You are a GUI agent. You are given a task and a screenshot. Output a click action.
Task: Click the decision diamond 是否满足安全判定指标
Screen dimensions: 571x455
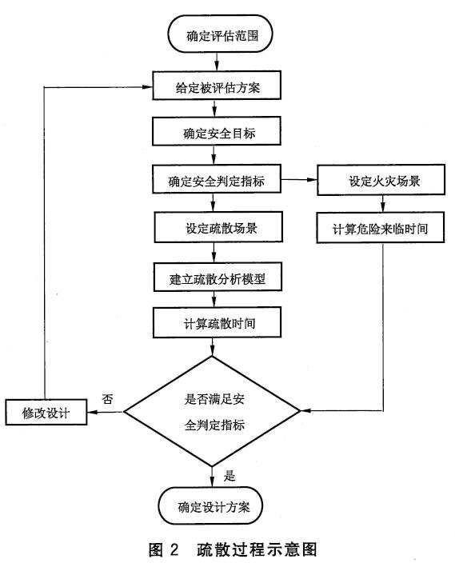tap(213, 412)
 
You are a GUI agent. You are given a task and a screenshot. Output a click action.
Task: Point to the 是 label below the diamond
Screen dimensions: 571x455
tap(229, 477)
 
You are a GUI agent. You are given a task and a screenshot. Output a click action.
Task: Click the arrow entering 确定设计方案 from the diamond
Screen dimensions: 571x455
tap(213, 477)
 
